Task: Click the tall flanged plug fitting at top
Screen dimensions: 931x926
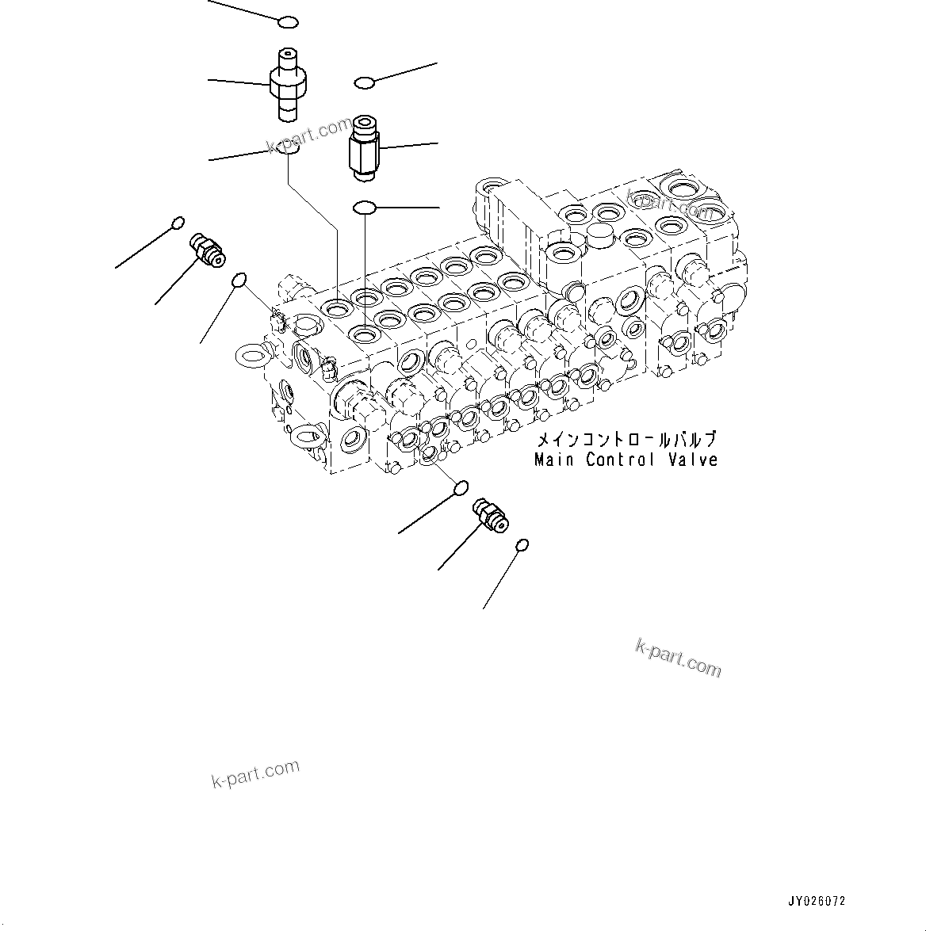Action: [x=288, y=83]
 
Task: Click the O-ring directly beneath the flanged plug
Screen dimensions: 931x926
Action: [x=292, y=148]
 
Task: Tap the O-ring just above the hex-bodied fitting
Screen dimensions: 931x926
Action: [x=364, y=82]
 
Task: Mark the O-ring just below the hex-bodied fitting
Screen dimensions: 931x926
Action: [x=364, y=208]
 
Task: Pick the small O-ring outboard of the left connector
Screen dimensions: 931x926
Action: [x=178, y=222]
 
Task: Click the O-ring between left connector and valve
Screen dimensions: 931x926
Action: [x=239, y=280]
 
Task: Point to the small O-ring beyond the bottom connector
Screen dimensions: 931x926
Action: [x=521, y=545]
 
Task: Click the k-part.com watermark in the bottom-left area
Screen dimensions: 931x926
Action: [x=255, y=773]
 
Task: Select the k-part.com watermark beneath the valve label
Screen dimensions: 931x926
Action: [x=678, y=658]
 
